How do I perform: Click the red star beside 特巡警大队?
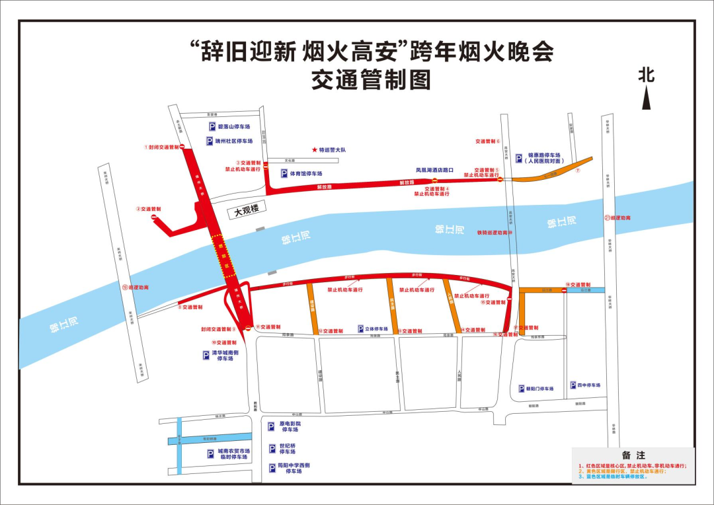click(x=315, y=150)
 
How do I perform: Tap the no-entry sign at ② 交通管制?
click(x=155, y=217)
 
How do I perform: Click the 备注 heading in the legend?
click(x=633, y=455)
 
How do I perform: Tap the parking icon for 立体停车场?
click(x=360, y=329)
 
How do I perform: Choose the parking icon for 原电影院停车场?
click(x=271, y=426)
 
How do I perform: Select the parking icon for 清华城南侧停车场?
click(x=206, y=355)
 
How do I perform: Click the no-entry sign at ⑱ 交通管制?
click(x=564, y=290)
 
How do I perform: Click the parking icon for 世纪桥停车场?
click(x=271, y=449)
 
